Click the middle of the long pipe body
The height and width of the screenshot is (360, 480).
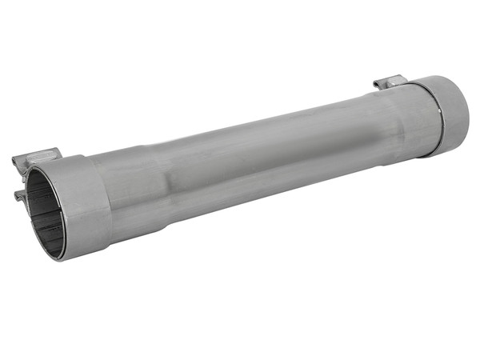[256, 160]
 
